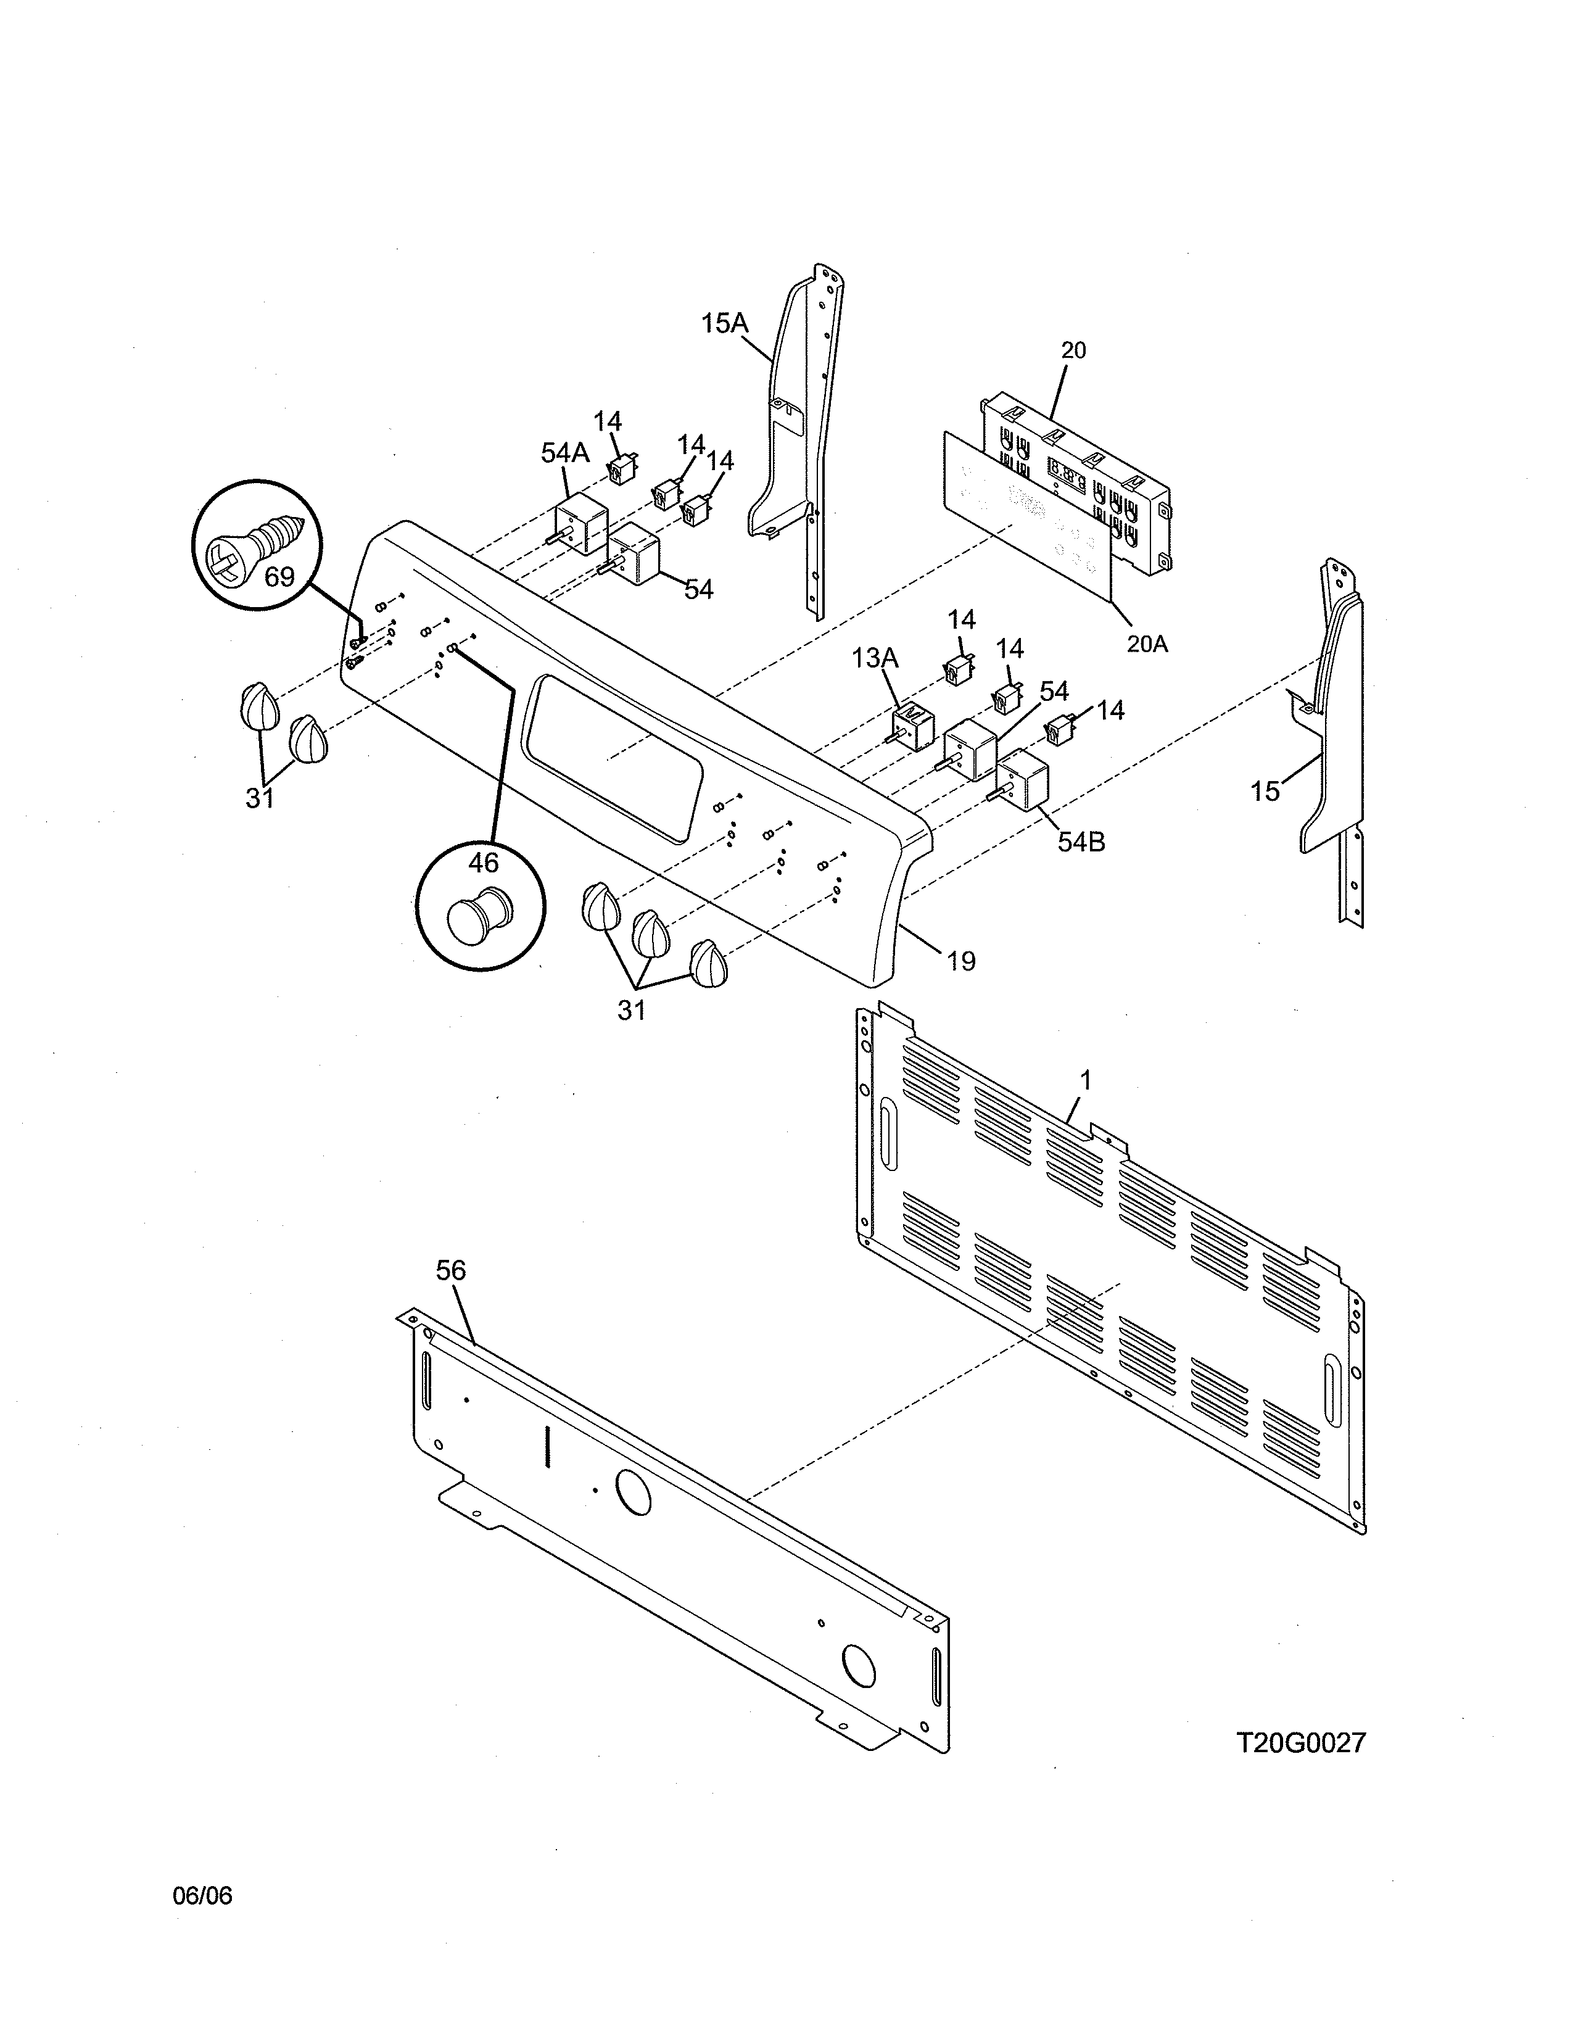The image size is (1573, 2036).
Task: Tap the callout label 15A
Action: [724, 323]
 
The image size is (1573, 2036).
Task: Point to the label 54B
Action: [1081, 842]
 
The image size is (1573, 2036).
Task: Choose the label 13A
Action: [874, 658]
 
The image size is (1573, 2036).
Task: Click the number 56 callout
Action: [451, 1270]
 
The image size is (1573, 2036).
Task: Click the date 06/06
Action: [202, 1895]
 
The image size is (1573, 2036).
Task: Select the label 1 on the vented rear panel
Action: [1084, 1080]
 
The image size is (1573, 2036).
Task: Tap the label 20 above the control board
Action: [1073, 350]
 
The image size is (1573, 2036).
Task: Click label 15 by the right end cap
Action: [1265, 792]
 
